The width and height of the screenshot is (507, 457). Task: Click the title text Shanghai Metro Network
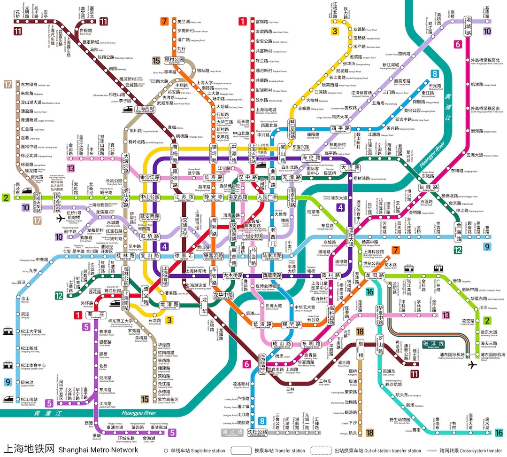(x=98, y=450)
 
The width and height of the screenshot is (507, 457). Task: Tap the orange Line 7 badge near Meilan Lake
(x=164, y=21)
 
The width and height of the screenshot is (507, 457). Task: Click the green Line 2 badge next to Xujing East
(x=6, y=198)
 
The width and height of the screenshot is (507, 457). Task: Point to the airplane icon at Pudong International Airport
(x=471, y=365)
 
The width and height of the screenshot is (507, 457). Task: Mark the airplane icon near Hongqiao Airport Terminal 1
(x=60, y=219)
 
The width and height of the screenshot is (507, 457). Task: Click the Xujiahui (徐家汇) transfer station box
(x=183, y=256)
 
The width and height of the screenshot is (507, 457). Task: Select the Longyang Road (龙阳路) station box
(x=374, y=276)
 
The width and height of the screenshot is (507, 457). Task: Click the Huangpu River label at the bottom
(x=139, y=413)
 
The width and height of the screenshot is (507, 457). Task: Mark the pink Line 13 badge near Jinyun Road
(x=71, y=168)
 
